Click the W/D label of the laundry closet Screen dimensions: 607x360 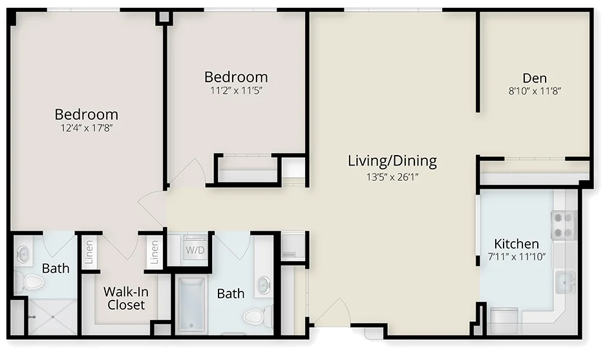click(195, 250)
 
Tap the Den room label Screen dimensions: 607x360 click(535, 78)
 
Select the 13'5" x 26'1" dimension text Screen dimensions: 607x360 click(392, 177)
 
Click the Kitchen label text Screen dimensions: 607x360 click(516, 244)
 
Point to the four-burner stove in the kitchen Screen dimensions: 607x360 click(564, 226)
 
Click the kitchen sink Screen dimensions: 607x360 click(565, 282)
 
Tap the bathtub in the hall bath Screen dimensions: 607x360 click(191, 305)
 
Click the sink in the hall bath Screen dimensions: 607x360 click(264, 285)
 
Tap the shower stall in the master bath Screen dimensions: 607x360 click(53, 316)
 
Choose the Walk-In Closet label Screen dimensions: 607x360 click(126, 298)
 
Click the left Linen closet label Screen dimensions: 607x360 click(89, 252)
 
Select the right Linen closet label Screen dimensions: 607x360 click(154, 252)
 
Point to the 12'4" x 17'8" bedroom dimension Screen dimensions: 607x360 click(87, 128)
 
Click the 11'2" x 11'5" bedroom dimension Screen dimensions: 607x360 click(236, 90)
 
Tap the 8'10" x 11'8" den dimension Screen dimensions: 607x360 click(535, 91)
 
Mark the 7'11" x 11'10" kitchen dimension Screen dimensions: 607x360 click(516, 256)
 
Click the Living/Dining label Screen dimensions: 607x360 click(392, 161)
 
